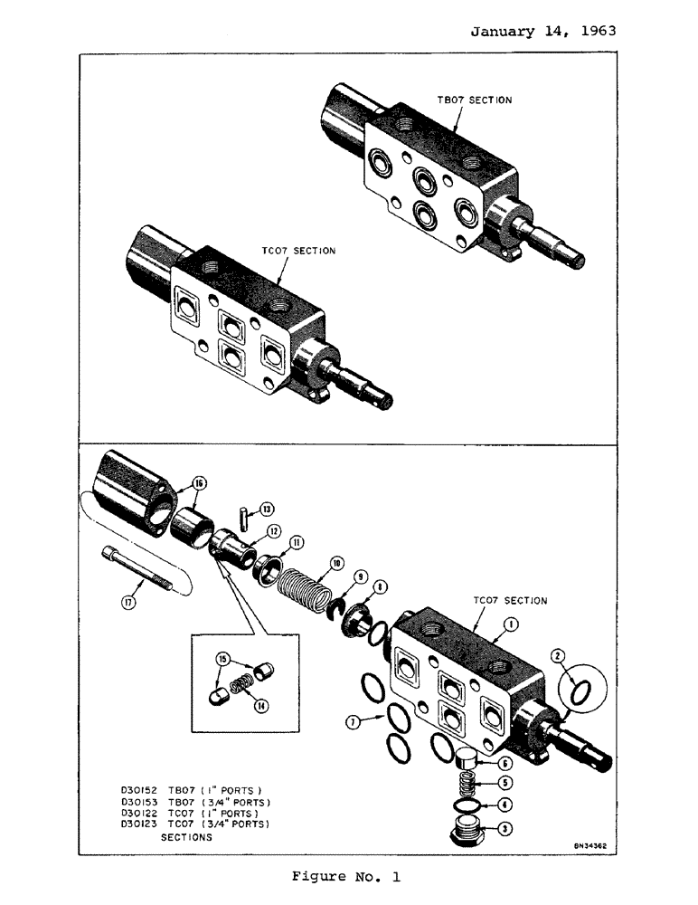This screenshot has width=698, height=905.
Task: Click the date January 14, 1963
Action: tap(543, 30)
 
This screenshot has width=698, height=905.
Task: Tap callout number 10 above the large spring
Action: tap(336, 563)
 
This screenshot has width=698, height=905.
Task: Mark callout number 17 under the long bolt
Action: tap(129, 602)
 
